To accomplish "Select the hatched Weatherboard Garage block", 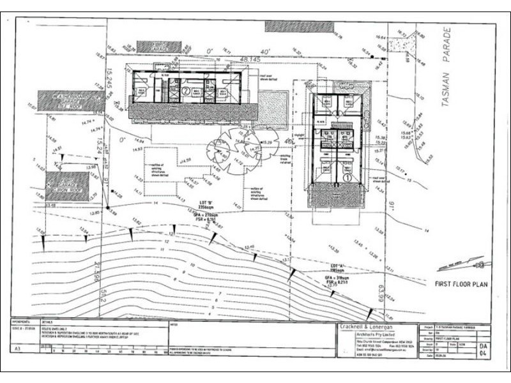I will [72, 100].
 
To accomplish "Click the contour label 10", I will [193, 264].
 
